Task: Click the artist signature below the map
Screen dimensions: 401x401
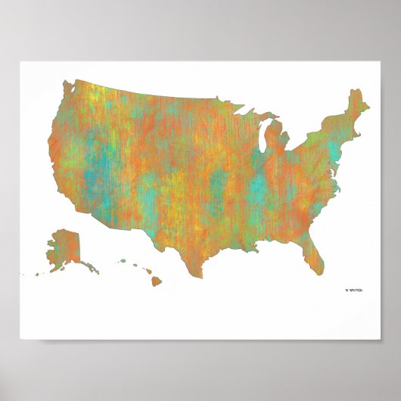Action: (x=353, y=289)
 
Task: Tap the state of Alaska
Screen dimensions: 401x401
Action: (x=60, y=247)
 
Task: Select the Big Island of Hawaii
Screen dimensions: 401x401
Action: (x=156, y=281)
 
